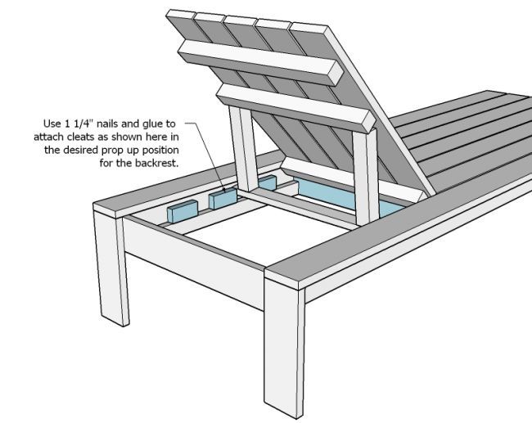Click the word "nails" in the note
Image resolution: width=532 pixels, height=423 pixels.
click(x=107, y=124)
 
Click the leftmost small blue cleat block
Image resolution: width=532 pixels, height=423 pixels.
click(x=183, y=211)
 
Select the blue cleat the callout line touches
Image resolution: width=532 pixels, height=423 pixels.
click(x=223, y=199)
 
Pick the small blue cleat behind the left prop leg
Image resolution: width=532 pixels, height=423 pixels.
click(x=268, y=183)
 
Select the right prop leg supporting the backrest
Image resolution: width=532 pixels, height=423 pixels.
click(x=365, y=177)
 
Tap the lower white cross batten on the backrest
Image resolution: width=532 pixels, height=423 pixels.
click(x=295, y=107)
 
